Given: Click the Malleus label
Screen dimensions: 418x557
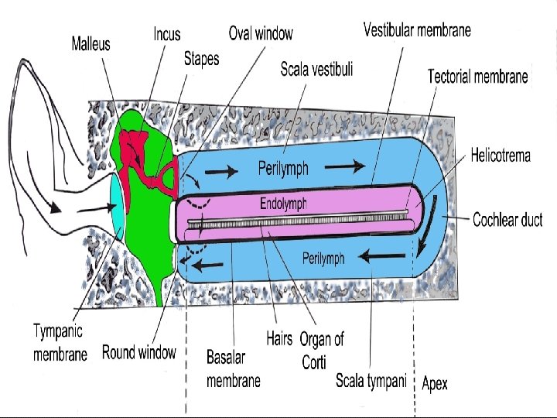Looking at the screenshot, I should (x=91, y=44).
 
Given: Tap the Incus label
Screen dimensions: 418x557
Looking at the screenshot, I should (x=167, y=33).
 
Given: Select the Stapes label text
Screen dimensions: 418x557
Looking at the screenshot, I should (x=201, y=59).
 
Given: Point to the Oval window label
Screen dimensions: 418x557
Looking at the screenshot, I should (x=261, y=33).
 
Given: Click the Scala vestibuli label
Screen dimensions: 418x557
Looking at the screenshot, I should (x=316, y=70).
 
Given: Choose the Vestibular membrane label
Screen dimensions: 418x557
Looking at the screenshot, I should (x=417, y=31).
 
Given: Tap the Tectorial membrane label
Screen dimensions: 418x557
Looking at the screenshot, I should (x=478, y=76).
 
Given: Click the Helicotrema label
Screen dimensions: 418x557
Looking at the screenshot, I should (x=501, y=156).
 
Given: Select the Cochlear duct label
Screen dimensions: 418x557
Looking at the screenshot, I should (x=507, y=220).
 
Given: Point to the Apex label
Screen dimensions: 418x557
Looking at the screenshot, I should (x=435, y=383).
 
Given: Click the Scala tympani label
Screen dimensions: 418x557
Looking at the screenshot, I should (x=371, y=381).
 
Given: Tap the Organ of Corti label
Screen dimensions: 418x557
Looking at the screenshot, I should (x=322, y=350).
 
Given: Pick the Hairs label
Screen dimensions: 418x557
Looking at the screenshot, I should (x=279, y=338).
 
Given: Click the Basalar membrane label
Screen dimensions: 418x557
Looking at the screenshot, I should (x=234, y=368).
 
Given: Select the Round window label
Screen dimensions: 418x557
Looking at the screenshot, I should (x=139, y=353).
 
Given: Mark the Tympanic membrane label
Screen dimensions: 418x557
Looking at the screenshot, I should (x=60, y=342).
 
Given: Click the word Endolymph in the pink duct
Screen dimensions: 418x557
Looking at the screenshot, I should (x=283, y=204).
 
